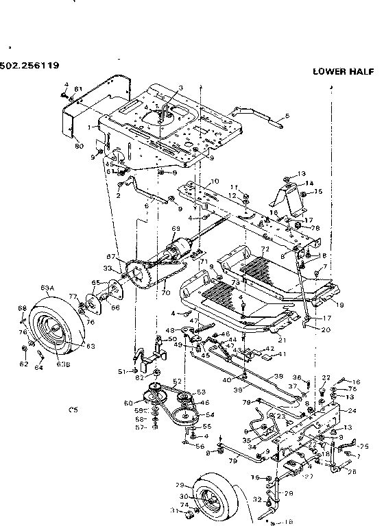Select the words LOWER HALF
tap(341, 71)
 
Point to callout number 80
tap(79, 145)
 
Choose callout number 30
tap(183, 497)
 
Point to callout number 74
tap(183, 505)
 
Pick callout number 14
tap(309, 184)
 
